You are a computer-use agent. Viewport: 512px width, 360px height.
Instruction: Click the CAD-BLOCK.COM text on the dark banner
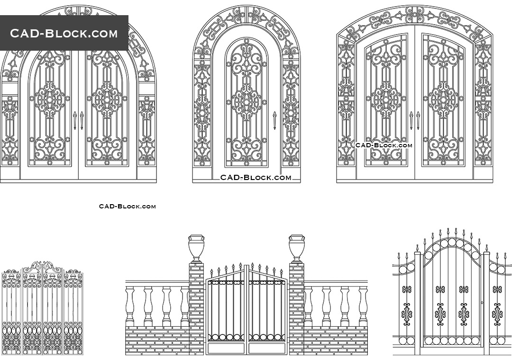pos(64,33)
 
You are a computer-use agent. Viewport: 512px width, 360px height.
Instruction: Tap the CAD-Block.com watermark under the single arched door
pos(256,178)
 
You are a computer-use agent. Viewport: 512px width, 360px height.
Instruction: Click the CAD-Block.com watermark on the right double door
pos(384,145)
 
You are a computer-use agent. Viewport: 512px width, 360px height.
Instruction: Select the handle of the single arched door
pos(274,120)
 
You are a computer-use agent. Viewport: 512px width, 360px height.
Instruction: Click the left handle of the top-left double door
pos(74,120)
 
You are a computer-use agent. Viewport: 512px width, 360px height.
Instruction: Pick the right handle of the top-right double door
pos(418,120)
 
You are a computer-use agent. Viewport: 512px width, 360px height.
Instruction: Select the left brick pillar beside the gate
pos(196,308)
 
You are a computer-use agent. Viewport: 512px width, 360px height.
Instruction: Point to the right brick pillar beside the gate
pos(297,308)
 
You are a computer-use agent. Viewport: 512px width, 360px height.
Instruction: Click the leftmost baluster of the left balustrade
pos(130,306)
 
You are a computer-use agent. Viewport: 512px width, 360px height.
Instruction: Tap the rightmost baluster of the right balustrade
pos(363,306)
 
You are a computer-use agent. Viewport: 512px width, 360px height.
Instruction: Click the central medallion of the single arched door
pos(246,102)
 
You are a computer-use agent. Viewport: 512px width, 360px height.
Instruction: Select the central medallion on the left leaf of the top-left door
pos(49,99)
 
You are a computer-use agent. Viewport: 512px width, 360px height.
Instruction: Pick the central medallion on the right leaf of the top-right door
pos(443,99)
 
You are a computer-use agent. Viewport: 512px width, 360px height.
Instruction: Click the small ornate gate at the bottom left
pos(42,308)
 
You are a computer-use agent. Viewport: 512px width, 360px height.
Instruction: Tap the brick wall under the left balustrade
pos(157,340)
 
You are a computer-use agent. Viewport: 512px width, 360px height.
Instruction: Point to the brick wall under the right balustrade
pos(336,340)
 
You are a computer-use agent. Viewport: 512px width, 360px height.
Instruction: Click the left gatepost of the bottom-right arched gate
pos(418,303)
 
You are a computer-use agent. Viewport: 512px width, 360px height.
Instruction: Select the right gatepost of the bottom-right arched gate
pos(486,303)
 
